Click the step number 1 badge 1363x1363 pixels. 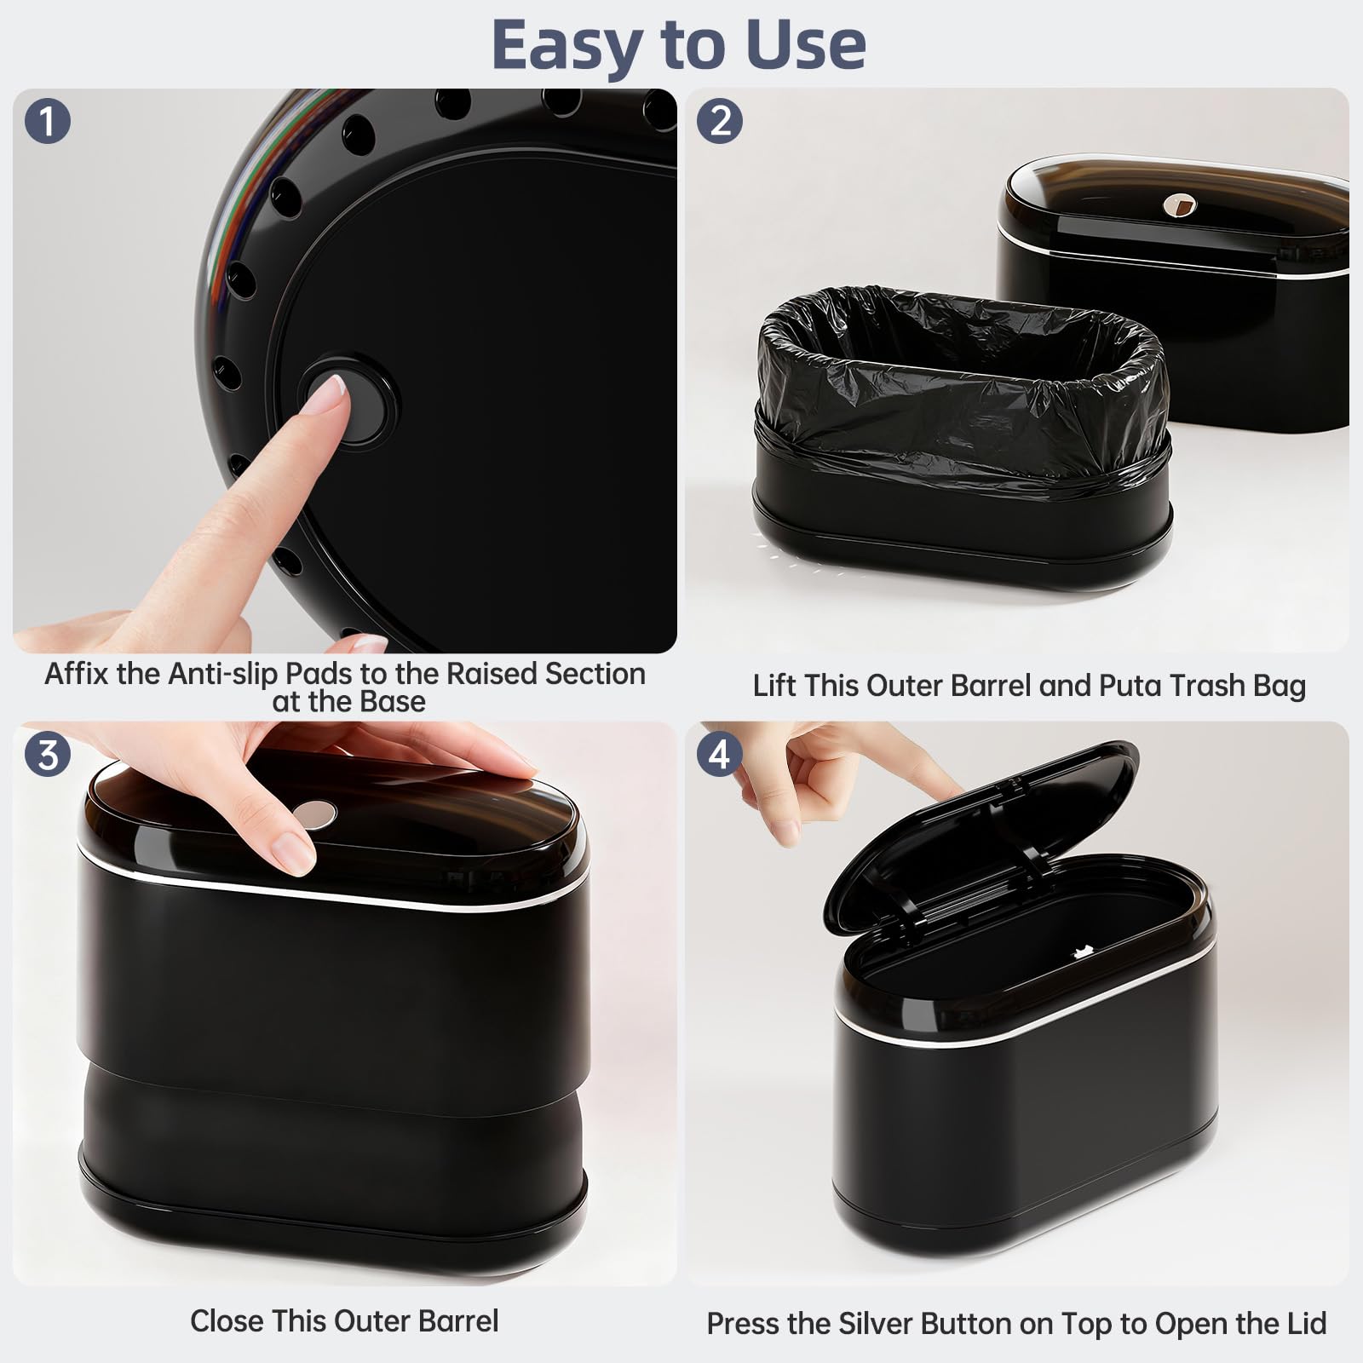48,121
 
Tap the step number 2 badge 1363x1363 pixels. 720,121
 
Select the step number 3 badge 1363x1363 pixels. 48,755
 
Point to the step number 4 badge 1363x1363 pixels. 720,755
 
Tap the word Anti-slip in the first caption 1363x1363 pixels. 224,674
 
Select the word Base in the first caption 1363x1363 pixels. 393,702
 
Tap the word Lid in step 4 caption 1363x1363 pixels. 1305,1324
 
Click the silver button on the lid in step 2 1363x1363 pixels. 1180,204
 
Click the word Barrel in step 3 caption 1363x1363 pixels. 457,1321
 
